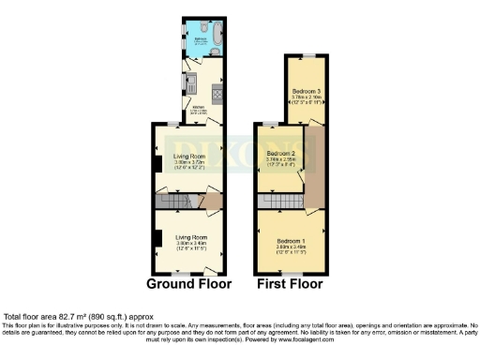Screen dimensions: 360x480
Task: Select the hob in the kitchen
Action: pos(217,92)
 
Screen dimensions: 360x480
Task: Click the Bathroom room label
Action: pos(200,40)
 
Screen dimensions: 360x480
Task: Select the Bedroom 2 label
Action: pos(280,152)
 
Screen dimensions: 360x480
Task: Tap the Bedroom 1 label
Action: pos(291,239)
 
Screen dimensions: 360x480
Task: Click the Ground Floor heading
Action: pos(187,282)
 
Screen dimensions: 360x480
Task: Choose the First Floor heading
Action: pos(291,282)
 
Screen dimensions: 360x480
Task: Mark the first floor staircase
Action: pos(278,202)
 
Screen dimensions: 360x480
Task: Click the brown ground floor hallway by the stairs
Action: pos(211,202)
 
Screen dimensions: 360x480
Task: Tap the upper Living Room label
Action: pos(189,156)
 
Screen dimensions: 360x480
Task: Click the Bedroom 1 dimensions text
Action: pos(291,247)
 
